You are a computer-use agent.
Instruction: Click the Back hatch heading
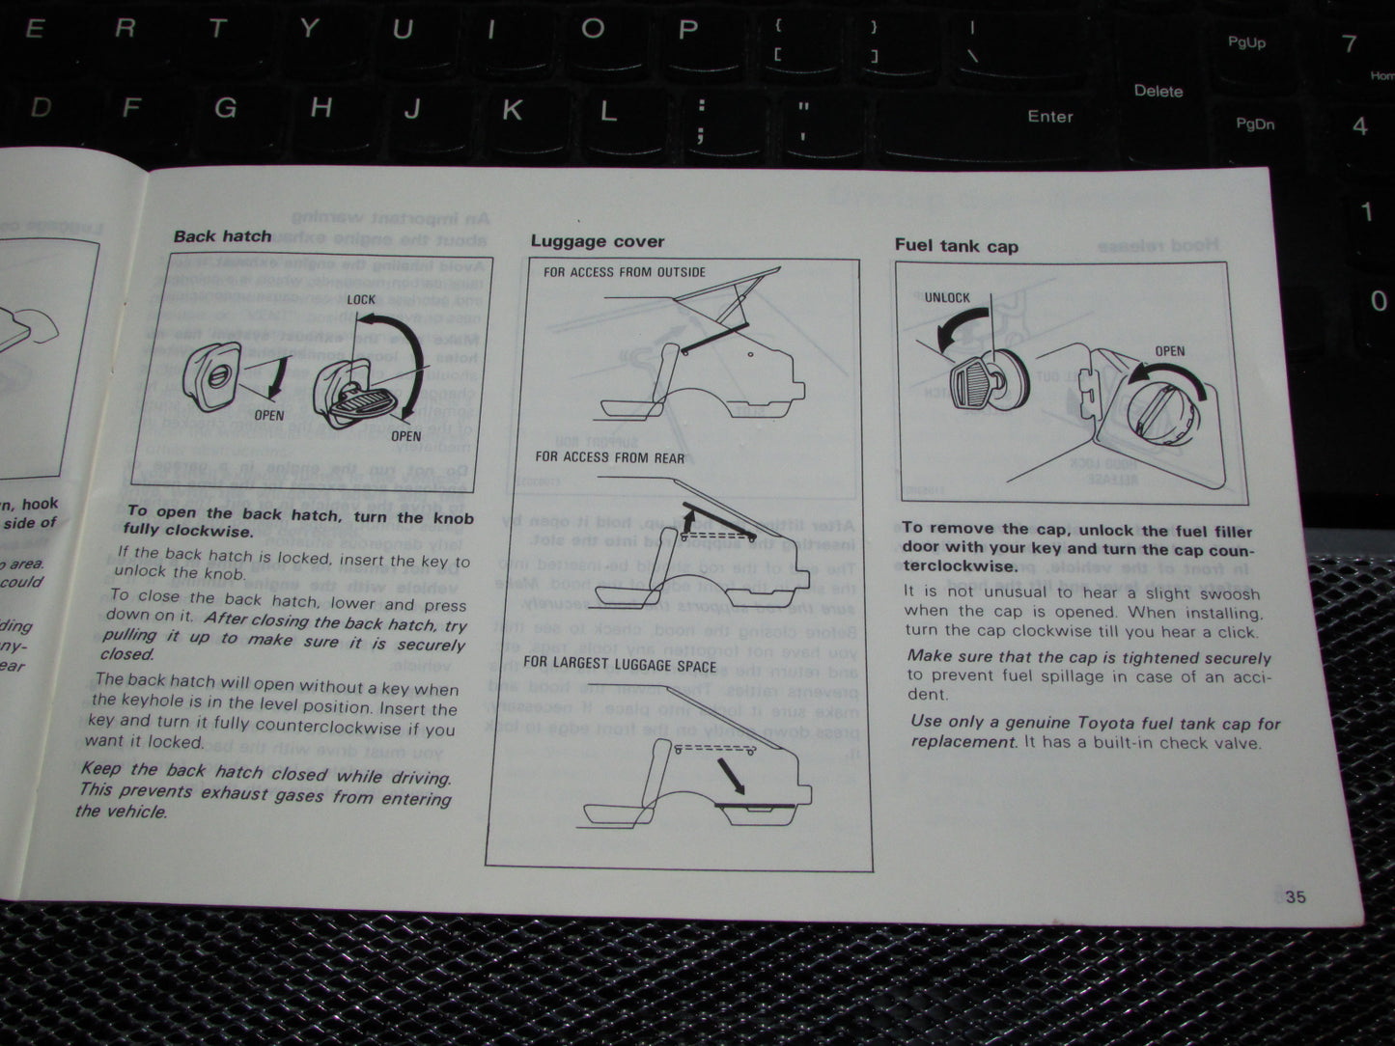(x=222, y=235)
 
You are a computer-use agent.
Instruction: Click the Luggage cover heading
(x=598, y=241)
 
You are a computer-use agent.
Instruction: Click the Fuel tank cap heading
(x=956, y=246)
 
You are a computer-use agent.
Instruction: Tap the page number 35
(x=1296, y=896)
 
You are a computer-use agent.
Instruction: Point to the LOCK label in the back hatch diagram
(x=361, y=299)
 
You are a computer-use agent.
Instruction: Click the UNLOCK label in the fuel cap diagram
(x=946, y=297)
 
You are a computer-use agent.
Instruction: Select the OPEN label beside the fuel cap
(x=1169, y=351)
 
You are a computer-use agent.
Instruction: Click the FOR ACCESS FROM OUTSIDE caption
(x=624, y=272)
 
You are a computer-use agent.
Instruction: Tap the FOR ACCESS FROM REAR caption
(x=609, y=457)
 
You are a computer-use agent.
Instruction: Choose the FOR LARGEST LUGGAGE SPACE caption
(x=620, y=665)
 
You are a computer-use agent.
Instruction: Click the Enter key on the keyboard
(x=1049, y=117)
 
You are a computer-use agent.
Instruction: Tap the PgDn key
(x=1255, y=124)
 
